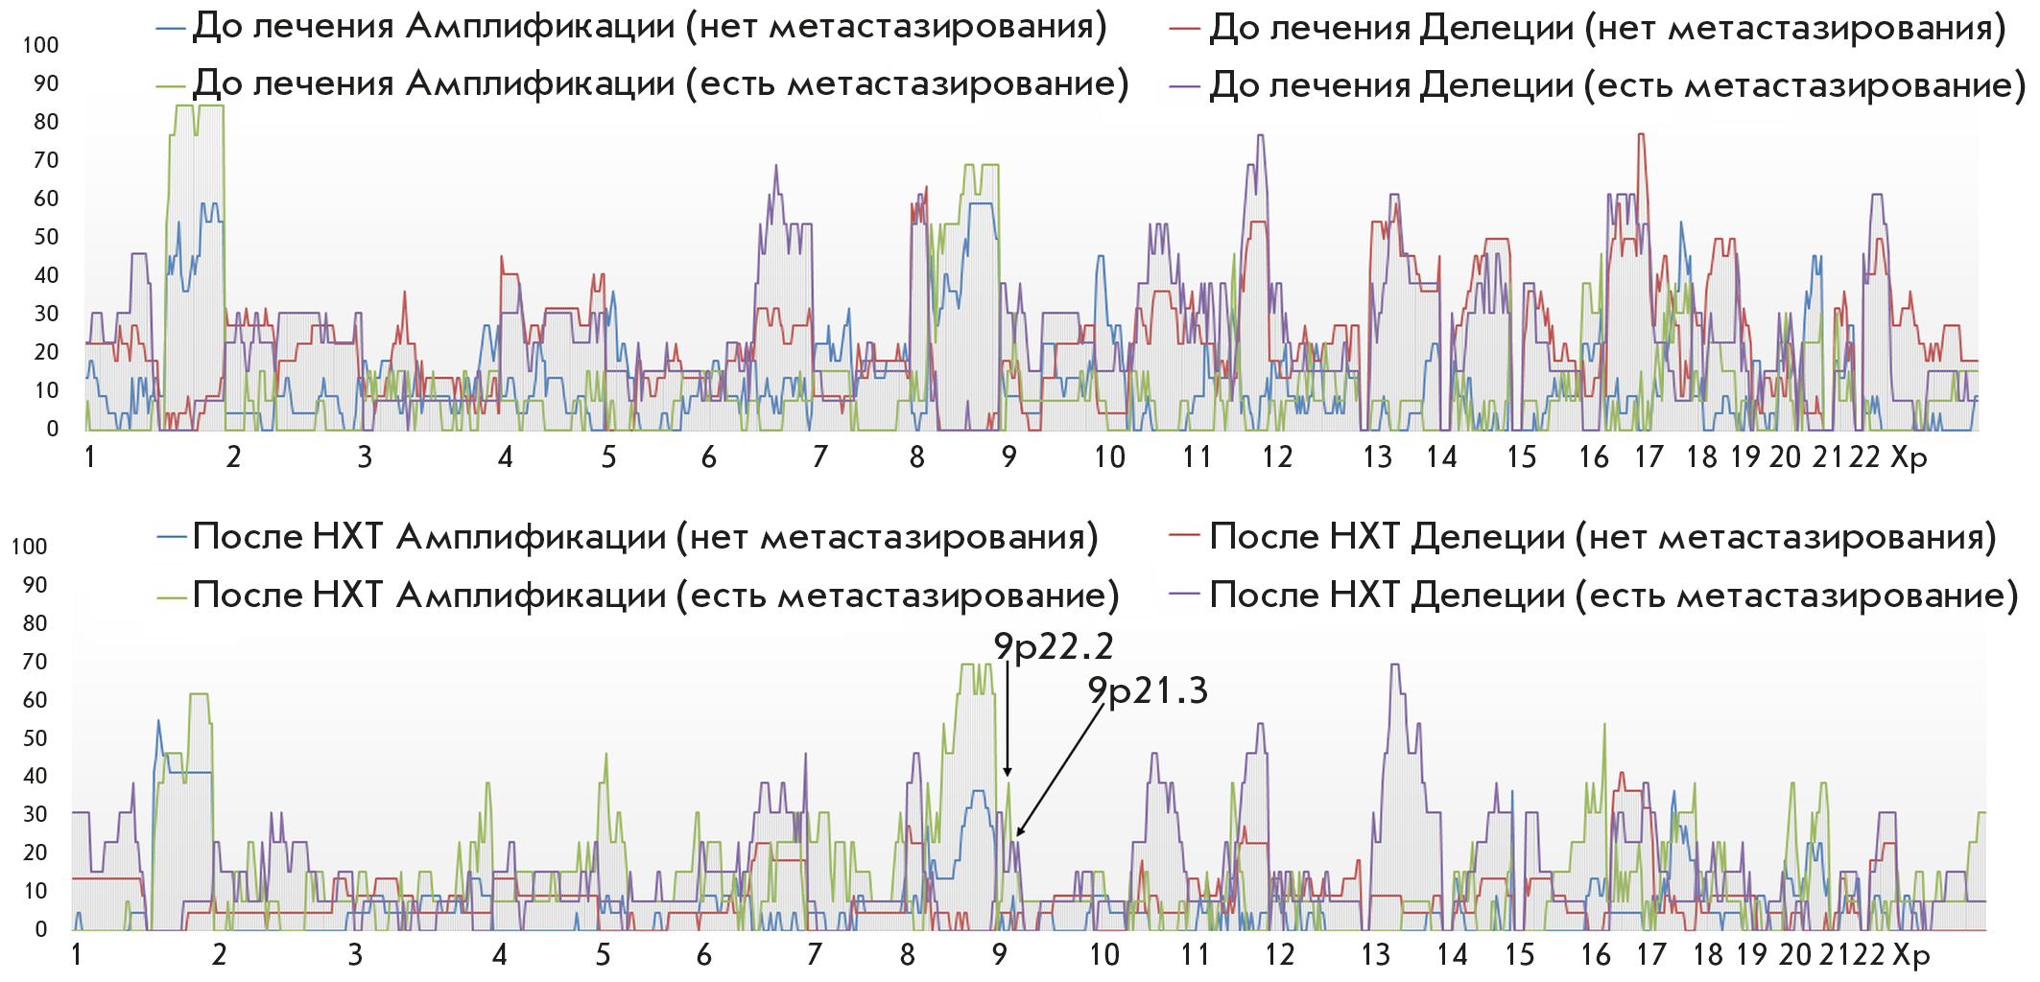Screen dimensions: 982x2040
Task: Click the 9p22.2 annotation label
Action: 1053,647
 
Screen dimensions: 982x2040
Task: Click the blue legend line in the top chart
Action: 171,29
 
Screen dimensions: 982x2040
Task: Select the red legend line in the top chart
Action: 1185,29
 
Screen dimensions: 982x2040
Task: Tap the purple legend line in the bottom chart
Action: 1185,595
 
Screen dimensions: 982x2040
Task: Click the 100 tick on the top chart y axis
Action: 40,45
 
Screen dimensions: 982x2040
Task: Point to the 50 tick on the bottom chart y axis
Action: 35,738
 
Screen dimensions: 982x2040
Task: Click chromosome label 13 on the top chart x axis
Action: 1377,457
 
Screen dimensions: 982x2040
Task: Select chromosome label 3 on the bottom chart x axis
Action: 355,955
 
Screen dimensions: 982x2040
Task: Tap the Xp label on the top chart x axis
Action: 1909,457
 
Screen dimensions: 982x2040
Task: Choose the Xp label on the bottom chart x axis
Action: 1910,955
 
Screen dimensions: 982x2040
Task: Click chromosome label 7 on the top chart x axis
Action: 819,457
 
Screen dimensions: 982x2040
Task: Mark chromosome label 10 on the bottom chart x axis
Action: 1104,955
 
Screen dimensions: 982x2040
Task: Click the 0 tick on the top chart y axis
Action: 52,429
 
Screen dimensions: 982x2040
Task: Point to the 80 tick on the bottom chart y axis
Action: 35,623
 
